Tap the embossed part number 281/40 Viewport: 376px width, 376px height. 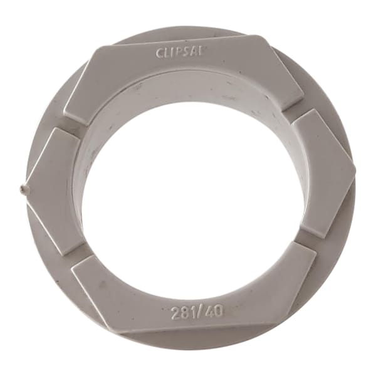coord(197,312)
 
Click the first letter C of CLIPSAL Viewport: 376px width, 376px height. coord(160,53)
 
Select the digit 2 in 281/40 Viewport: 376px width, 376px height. coord(175,313)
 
